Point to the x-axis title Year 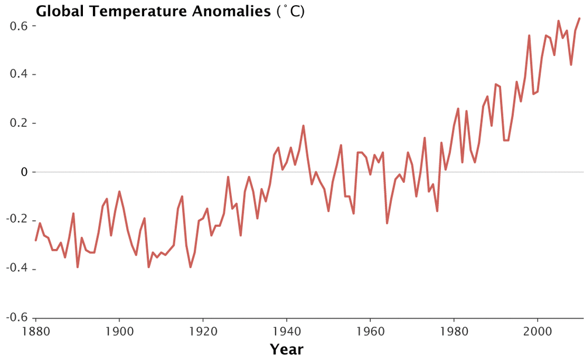pyautogui.click(x=286, y=349)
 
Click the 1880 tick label pyautogui.click(x=36, y=331)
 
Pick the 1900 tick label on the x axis pyautogui.click(x=119, y=331)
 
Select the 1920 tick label pyautogui.click(x=203, y=331)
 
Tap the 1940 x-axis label pyautogui.click(x=286, y=331)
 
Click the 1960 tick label pyautogui.click(x=370, y=331)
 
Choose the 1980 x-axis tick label pyautogui.click(x=454, y=331)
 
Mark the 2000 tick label pyautogui.click(x=537, y=331)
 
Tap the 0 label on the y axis pyautogui.click(x=23, y=172)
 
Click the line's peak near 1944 pyautogui.click(x=303, y=126)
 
